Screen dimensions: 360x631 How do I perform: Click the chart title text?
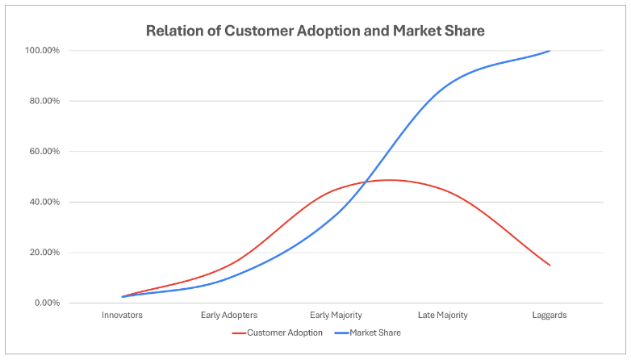[315, 31]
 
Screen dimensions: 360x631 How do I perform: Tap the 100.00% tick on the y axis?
[43, 51]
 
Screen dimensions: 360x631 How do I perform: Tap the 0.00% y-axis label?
[47, 303]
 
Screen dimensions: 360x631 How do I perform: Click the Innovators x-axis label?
[122, 316]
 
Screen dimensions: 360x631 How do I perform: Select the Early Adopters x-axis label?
[229, 316]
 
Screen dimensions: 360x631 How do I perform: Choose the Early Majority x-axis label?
[336, 316]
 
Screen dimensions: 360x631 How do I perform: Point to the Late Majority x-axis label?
[442, 316]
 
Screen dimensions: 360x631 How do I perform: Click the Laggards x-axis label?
[550, 316]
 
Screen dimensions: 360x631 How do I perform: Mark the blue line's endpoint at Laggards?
[550, 51]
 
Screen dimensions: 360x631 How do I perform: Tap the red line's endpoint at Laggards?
[550, 265]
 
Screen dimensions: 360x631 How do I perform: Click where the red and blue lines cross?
[364, 182]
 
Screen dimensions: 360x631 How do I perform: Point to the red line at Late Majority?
[442, 190]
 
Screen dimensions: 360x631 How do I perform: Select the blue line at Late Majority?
[442, 86]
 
